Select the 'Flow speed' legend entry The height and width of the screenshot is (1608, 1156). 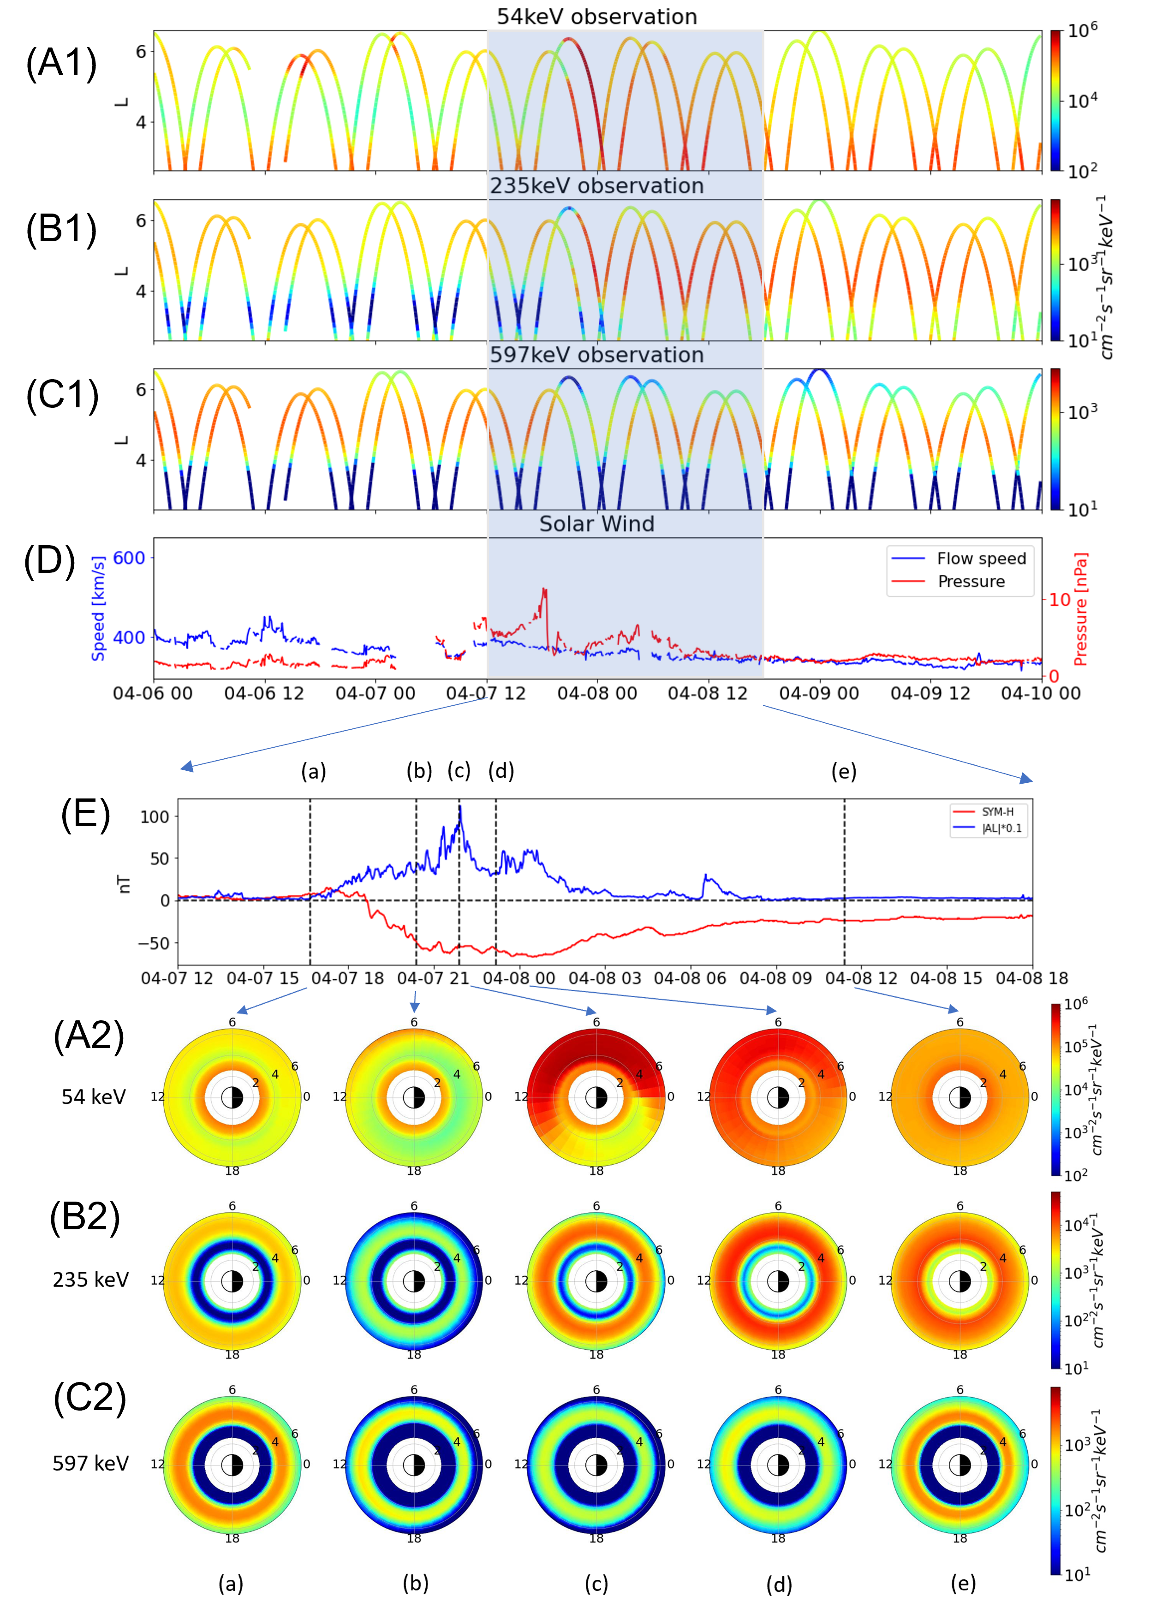click(x=981, y=559)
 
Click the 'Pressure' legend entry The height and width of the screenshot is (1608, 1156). click(x=971, y=581)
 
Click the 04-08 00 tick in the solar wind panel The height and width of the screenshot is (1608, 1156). click(x=596, y=693)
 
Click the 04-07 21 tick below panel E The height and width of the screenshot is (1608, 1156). click(x=433, y=978)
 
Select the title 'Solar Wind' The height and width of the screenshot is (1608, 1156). click(x=596, y=524)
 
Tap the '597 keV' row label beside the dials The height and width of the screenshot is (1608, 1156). click(x=91, y=1463)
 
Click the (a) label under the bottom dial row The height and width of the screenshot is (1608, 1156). click(x=231, y=1583)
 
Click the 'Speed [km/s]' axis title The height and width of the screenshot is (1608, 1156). click(x=98, y=608)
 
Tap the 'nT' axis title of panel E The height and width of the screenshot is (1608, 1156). click(x=125, y=883)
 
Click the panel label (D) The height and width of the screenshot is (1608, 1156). click(x=50, y=561)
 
